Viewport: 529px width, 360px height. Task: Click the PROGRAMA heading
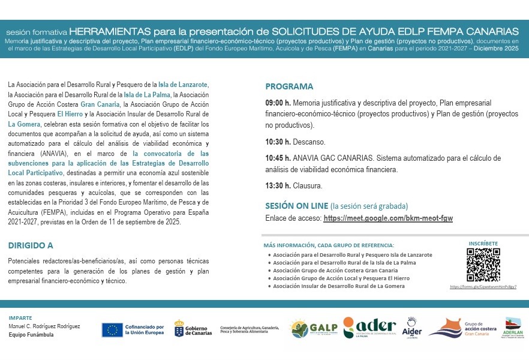tap(289, 86)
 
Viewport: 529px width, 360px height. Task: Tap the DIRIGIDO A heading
tap(31, 245)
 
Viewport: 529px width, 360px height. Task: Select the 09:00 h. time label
tap(278, 103)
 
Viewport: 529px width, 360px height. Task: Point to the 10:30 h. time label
tap(278, 142)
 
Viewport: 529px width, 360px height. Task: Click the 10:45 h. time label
tap(278, 158)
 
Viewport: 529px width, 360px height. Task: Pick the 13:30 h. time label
tap(278, 186)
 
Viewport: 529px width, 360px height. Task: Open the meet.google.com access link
tap(387, 218)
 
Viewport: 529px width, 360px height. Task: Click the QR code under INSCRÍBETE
tap(483, 265)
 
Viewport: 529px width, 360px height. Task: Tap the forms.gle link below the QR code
tap(483, 287)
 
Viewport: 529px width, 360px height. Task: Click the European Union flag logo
tap(112, 329)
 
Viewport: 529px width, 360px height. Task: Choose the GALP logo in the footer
tap(314, 328)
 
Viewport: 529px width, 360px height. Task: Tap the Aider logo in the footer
tap(411, 328)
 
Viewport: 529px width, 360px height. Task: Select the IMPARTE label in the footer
tap(20, 317)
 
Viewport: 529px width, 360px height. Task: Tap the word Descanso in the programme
tap(309, 142)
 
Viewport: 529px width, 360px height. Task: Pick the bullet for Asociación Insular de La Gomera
tap(269, 286)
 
